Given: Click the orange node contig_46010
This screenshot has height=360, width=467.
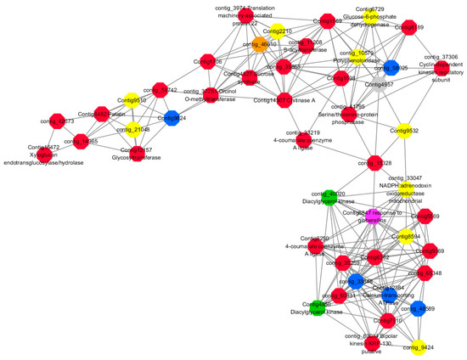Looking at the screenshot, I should click(262, 46).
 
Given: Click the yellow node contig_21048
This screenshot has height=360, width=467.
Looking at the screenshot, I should click(129, 130).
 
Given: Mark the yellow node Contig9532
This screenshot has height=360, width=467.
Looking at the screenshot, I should click(405, 131).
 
